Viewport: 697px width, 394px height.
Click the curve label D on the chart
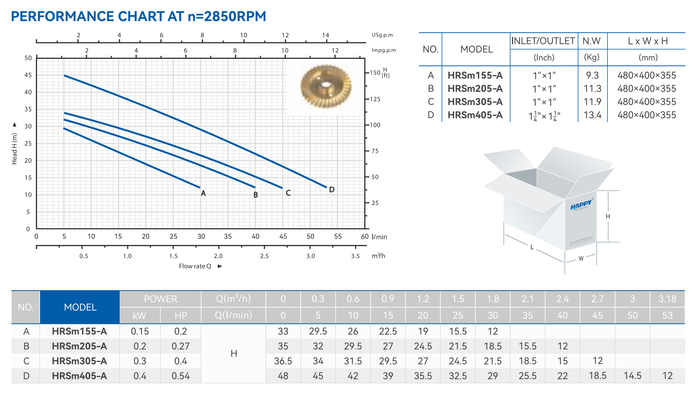point(332,189)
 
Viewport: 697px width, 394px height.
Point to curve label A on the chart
point(203,193)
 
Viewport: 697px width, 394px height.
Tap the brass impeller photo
point(325,86)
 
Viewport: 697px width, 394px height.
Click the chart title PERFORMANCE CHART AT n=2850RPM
point(138,17)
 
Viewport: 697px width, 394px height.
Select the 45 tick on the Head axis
point(28,75)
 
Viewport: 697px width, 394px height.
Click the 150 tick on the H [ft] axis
point(375,73)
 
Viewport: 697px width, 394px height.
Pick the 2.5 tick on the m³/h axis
point(264,256)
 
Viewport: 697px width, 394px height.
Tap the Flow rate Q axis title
point(195,266)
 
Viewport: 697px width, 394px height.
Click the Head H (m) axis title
point(15,149)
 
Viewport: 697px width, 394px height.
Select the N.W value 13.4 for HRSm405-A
point(592,115)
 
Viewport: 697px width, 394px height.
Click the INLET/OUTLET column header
point(543,41)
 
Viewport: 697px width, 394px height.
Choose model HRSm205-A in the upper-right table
point(475,89)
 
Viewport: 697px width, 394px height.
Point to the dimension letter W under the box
point(581,259)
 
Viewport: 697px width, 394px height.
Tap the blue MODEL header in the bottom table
point(80,307)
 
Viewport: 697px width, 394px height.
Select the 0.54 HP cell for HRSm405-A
point(180,376)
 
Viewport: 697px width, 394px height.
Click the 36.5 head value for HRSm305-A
point(283,361)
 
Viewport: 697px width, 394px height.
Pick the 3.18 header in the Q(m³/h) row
point(667,299)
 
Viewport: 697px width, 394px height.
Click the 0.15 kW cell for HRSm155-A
point(140,331)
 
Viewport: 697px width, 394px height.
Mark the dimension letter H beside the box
point(608,216)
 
